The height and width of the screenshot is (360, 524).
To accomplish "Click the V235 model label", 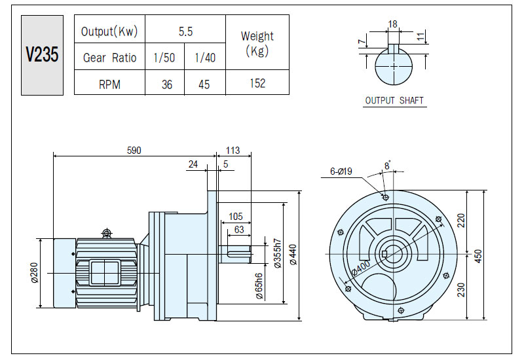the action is pos(42,54).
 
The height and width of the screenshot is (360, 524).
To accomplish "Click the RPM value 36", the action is pos(167,84).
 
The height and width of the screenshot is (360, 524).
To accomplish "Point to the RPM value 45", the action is pos(204,84).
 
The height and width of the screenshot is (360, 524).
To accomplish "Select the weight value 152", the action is pos(257,83).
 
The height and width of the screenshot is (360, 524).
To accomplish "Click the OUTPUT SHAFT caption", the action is pos(394,101).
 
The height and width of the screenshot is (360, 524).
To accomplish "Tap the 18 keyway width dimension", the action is pos(392,24).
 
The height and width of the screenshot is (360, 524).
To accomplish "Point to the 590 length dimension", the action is pos(134,151).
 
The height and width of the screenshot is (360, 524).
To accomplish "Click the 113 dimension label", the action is pos(233,151).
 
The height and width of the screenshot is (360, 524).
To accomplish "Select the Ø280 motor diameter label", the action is pos(35,273).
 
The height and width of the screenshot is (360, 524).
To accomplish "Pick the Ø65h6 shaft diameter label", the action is pos(259,286).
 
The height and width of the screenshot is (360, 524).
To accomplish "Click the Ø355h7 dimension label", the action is pos(277,253).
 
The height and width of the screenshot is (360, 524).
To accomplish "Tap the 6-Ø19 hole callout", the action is pos(341,171).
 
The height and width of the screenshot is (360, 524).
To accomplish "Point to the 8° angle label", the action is pos(387,166).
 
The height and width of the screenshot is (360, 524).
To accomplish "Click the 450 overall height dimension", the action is pos(478,256).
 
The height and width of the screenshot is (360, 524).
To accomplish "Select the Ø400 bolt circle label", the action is pos(362,268).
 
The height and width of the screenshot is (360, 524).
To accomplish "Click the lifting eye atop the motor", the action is pos(107,233).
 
